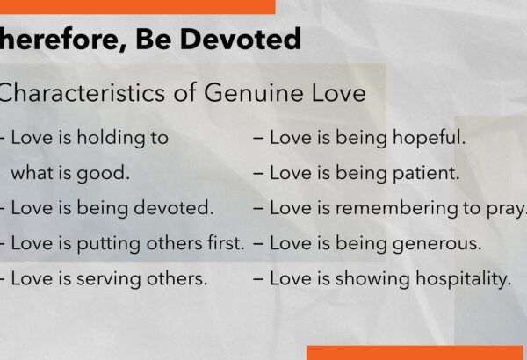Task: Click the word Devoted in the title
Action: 241,39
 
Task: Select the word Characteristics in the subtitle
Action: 81,92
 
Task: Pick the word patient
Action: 426,174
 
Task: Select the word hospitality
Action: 464,279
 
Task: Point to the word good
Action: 103,174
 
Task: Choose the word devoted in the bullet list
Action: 174,208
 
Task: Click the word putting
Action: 109,244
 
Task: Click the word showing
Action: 372,279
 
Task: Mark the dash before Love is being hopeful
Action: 258,138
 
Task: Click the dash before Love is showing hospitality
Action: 258,279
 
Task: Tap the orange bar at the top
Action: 138,7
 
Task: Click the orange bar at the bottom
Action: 415,353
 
